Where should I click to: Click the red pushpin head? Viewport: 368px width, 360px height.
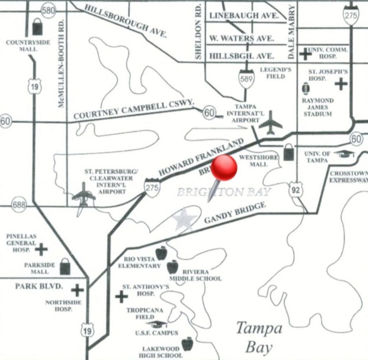click(224, 168)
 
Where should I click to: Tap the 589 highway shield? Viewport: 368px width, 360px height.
click(247, 78)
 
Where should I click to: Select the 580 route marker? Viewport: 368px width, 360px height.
click(48, 10)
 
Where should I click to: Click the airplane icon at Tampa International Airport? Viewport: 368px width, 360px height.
click(270, 123)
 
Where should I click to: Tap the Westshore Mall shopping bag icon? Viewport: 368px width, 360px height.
click(289, 152)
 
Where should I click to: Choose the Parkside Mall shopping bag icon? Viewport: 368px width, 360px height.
click(65, 267)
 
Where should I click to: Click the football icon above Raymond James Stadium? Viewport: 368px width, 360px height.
click(305, 88)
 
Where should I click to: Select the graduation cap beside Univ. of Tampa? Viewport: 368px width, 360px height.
click(344, 154)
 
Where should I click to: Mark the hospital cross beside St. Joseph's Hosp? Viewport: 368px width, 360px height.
click(341, 84)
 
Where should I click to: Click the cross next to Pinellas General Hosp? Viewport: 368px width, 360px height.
click(41, 249)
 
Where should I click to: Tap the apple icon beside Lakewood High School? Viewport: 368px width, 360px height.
click(187, 344)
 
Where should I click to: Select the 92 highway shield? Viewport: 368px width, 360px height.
click(295, 190)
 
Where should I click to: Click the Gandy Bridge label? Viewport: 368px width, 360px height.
click(235, 212)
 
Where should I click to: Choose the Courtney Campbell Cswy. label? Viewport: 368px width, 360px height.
click(134, 110)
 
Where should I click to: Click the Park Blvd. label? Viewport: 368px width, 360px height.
click(39, 286)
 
